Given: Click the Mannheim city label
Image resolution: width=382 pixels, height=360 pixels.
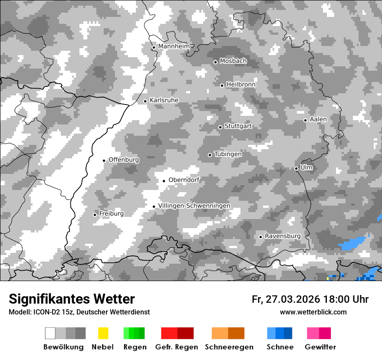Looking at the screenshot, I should click(x=174, y=46).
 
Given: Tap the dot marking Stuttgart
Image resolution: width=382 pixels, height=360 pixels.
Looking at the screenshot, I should click(x=220, y=127).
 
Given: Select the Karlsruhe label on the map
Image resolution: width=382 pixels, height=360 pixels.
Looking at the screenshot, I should click(x=164, y=100).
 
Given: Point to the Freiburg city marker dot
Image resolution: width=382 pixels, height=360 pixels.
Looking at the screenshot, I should click(x=95, y=215).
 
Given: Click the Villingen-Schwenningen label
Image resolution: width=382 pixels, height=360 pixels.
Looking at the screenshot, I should click(x=194, y=206).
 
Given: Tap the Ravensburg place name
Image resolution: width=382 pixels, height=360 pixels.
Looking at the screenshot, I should click(x=283, y=236).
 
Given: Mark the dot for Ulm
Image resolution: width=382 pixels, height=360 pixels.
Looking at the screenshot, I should click(x=296, y=168).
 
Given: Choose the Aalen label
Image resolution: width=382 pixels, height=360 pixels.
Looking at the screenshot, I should click(x=318, y=119).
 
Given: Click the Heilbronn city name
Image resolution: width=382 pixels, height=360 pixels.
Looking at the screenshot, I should click(x=241, y=84).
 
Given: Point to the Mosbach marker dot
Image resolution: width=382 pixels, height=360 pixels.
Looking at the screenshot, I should click(x=215, y=62).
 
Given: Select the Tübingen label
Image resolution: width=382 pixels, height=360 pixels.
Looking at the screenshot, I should click(x=228, y=154).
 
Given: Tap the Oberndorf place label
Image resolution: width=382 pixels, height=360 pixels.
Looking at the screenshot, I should click(x=184, y=180).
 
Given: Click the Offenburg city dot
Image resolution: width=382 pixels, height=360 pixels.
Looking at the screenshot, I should click(x=104, y=160).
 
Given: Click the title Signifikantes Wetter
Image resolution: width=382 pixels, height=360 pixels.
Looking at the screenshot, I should click(x=72, y=299).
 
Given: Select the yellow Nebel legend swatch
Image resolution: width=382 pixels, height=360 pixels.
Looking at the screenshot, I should click(x=103, y=333).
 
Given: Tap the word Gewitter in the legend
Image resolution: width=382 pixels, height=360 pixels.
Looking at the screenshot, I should click(x=320, y=347).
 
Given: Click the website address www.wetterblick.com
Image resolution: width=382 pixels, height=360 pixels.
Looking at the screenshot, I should click(x=313, y=312).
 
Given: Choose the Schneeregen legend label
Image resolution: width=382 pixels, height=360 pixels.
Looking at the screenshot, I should click(x=229, y=347).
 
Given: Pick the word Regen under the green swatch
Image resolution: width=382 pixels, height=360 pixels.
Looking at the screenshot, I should click(x=134, y=347).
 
